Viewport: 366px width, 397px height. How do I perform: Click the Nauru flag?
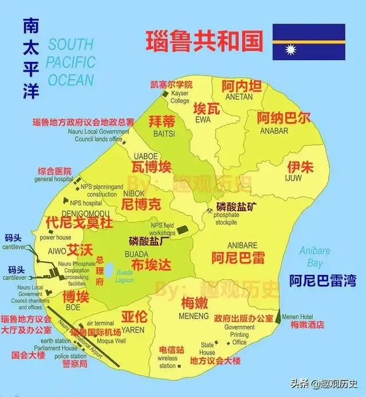coord(308,42)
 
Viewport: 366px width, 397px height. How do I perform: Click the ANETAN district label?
coord(241,97)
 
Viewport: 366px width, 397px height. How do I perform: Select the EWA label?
coord(203,120)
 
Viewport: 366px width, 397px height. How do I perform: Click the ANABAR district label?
coord(274,130)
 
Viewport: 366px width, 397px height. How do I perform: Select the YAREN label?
coord(134,330)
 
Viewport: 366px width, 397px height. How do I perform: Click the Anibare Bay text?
coord(315,256)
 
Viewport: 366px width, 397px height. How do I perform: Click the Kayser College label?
coord(180,97)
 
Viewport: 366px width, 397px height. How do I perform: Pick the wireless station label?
coord(168,362)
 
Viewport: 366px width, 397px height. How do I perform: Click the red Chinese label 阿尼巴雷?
coord(238,257)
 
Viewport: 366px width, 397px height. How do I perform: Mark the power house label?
coord(55,237)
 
